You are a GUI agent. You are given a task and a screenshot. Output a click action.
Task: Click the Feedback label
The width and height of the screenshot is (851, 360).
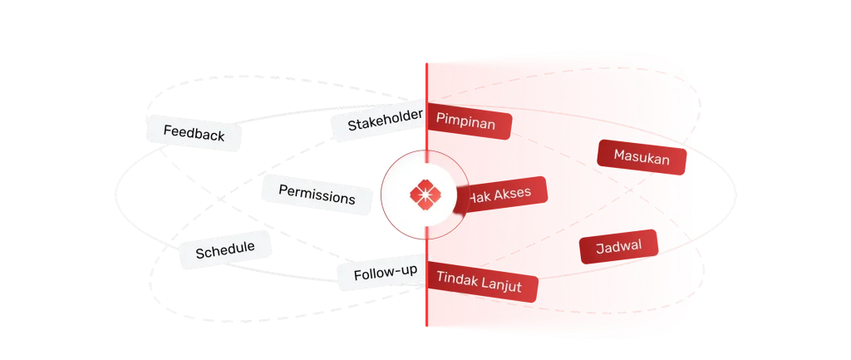(194, 133)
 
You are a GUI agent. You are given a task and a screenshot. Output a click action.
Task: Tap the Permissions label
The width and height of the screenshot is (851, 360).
(316, 195)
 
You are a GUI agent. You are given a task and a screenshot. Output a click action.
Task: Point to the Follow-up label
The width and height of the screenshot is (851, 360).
(385, 273)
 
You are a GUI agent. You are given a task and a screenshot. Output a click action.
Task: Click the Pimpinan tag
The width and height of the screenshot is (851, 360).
(466, 124)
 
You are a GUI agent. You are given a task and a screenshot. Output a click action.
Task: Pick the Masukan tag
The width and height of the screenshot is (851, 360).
(641, 155)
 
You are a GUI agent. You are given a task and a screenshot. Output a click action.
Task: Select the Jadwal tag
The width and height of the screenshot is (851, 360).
(618, 247)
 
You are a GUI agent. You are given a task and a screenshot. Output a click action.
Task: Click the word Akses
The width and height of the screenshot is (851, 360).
(510, 195)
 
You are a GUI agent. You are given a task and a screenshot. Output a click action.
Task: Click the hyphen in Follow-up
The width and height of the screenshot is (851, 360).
(395, 272)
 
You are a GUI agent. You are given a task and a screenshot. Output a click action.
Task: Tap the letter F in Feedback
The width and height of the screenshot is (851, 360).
(167, 131)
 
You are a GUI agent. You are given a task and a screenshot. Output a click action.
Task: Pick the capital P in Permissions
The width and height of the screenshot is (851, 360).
(283, 191)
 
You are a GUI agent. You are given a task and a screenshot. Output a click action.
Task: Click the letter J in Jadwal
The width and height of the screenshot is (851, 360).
(600, 249)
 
